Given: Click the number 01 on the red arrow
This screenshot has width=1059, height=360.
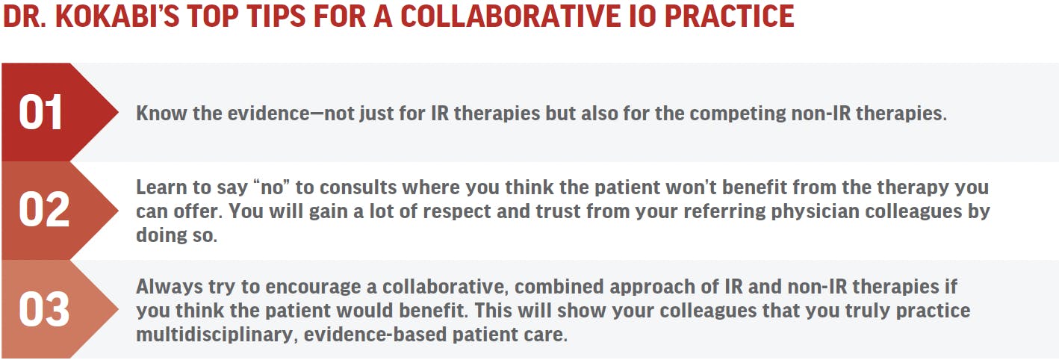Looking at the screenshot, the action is point(40,112).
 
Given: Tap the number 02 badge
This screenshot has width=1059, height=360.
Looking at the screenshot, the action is point(44,210).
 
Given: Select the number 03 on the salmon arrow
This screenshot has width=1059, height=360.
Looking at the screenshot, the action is point(44,309).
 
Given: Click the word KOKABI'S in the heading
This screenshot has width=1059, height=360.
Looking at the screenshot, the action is point(117,16).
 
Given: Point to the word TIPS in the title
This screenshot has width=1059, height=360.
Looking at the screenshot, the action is point(275,16).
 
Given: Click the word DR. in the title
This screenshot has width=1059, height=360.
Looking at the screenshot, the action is point(25,16).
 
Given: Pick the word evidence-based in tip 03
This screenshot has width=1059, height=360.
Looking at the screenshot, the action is point(375,335).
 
